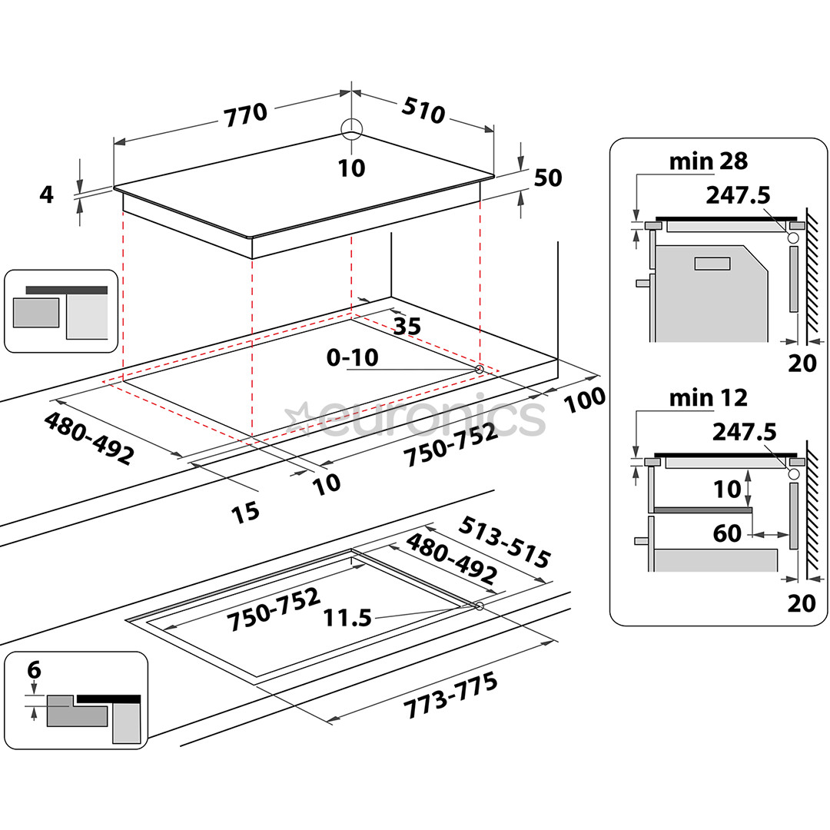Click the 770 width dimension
click(x=246, y=115)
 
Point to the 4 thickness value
click(x=47, y=194)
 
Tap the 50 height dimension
click(x=548, y=178)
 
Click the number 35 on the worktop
click(x=407, y=327)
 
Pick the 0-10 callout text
click(x=352, y=357)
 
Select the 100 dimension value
click(x=583, y=397)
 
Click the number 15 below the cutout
click(x=246, y=513)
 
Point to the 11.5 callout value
click(x=347, y=617)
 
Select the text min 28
click(x=708, y=161)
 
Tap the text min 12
click(x=708, y=398)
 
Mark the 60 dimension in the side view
click(x=727, y=532)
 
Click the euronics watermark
click(x=415, y=419)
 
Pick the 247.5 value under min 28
click(x=738, y=195)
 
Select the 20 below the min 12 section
click(x=802, y=603)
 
